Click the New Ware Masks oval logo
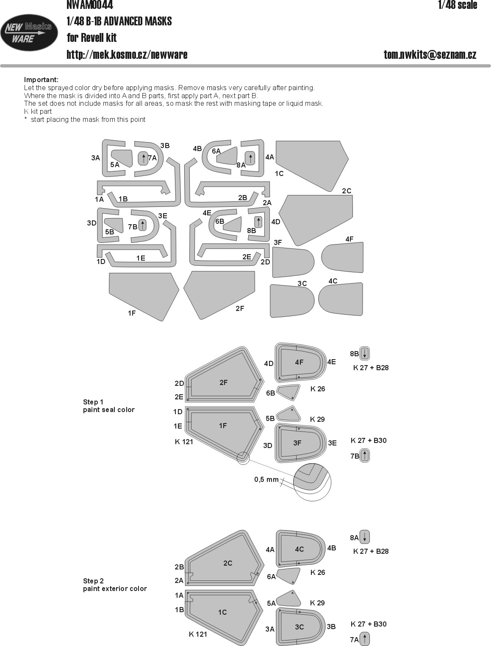[x=29, y=33]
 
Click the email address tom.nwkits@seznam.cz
[x=430, y=55]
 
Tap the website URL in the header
[x=127, y=55]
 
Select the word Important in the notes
[x=41, y=80]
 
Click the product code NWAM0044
[x=90, y=5]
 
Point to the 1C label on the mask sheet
[x=279, y=173]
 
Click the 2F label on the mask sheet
[x=240, y=308]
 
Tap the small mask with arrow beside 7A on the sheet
[x=143, y=159]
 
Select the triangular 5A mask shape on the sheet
[x=122, y=157]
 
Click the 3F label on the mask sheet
[x=277, y=242]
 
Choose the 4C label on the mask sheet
[x=333, y=281]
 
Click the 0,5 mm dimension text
[x=266, y=480]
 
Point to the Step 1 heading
[x=93, y=402]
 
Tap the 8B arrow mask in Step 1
[x=365, y=354]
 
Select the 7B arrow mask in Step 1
[x=365, y=456]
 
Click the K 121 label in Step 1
[x=184, y=442]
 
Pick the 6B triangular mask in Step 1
[x=288, y=392]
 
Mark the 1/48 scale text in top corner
[x=458, y=5]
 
